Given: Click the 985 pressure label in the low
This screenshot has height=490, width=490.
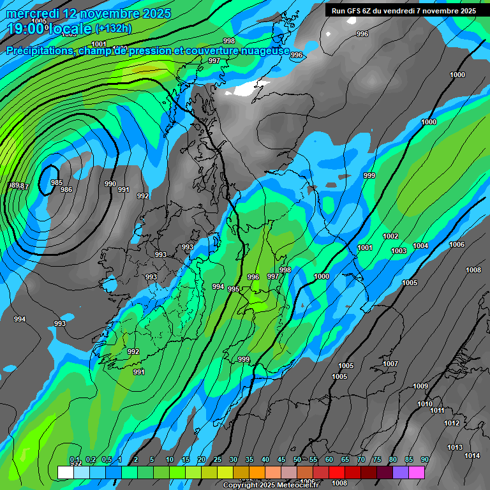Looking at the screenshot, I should pyautogui.click(x=57, y=182).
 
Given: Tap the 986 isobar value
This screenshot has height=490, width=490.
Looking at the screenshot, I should pyautogui.click(x=66, y=189).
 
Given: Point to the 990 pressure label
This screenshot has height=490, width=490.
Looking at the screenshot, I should pyautogui.click(x=110, y=184).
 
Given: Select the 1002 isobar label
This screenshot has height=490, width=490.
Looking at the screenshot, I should pyautogui.click(x=390, y=236).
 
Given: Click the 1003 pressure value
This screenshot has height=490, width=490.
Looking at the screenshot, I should pyautogui.click(x=399, y=251).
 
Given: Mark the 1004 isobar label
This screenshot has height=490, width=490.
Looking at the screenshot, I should pyautogui.click(x=420, y=246).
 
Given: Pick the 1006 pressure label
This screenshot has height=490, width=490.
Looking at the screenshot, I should pyautogui.click(x=457, y=244).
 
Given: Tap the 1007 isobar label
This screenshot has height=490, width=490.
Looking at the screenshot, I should pyautogui.click(x=390, y=364).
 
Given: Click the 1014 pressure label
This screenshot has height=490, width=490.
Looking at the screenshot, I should pyautogui.click(x=472, y=456).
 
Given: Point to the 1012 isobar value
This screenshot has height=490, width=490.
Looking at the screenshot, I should pyautogui.click(x=452, y=423).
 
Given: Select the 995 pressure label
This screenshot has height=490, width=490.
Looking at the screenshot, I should pyautogui.click(x=234, y=289).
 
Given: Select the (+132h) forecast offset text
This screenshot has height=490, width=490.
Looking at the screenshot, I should pyautogui.click(x=113, y=28).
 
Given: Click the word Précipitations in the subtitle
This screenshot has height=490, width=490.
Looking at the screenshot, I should pyautogui.click(x=38, y=51).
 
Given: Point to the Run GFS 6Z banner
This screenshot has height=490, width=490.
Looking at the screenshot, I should pyautogui.click(x=404, y=10).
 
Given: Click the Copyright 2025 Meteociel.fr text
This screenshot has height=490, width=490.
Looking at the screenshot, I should pyautogui.click(x=271, y=485).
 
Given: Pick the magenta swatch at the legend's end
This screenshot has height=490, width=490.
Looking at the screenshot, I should pyautogui.click(x=417, y=472).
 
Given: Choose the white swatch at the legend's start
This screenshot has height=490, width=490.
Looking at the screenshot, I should pyautogui.click(x=65, y=472).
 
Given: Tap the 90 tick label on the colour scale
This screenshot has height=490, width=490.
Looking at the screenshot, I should pyautogui.click(x=424, y=459).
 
